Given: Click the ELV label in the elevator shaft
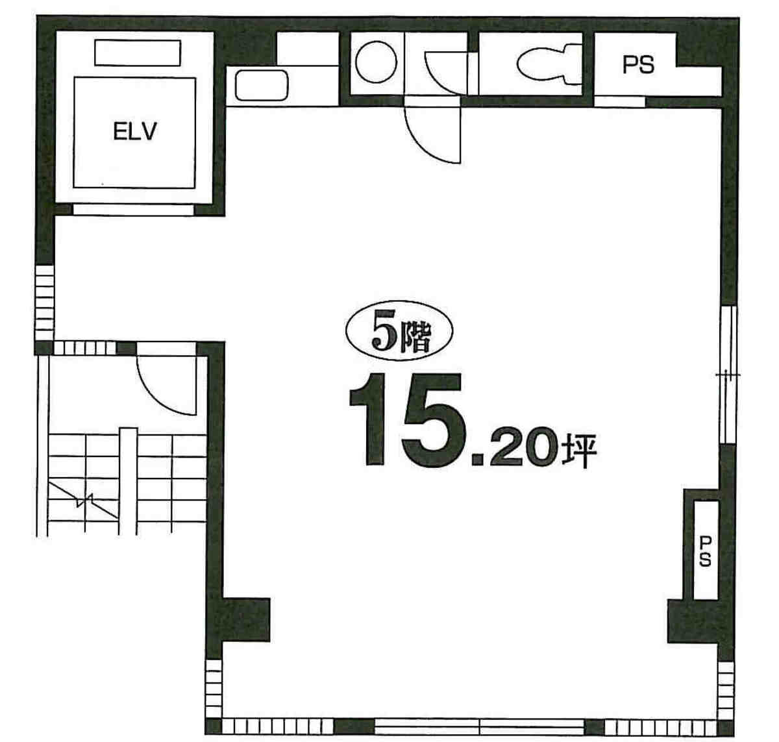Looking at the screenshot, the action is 135,131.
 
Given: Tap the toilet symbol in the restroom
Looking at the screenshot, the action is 549,65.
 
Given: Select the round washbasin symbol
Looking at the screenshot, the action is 376,62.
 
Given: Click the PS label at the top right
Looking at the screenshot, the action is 638,65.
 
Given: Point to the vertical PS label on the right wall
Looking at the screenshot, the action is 705,551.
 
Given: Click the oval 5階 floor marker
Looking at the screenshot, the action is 399,330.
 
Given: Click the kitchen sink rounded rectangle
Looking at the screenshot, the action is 262,85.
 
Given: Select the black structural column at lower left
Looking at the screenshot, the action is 245,619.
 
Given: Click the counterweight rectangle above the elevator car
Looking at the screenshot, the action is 138,53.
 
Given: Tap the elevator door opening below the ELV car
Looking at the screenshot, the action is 134,210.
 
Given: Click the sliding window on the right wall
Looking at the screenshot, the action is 728,374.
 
